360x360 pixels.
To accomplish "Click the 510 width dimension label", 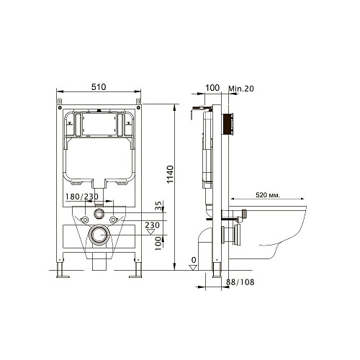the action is click(99, 87).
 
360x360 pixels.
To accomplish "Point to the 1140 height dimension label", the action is click(170, 174).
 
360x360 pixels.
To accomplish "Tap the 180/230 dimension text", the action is click(82, 197).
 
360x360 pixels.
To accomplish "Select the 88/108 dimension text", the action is click(240, 282).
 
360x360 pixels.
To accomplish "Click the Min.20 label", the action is click(241, 89).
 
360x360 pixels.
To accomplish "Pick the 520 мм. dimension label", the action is click(267, 195).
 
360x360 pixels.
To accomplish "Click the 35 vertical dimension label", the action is click(158, 206).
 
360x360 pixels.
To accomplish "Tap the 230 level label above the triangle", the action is click(152, 225).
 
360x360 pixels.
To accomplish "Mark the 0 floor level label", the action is click(194, 260).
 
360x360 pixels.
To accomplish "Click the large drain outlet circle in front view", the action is click(99, 235).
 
